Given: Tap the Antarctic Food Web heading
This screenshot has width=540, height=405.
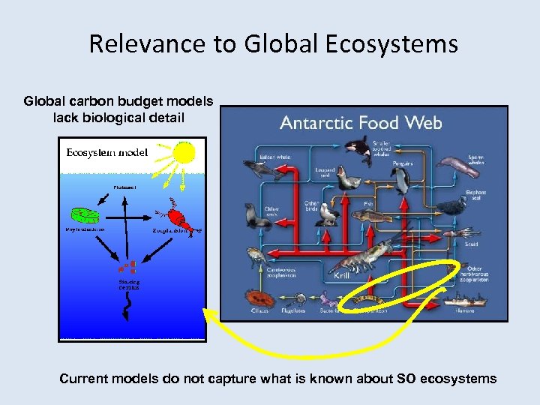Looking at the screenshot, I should [361, 122].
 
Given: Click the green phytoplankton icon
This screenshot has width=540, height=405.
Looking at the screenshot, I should [84, 216].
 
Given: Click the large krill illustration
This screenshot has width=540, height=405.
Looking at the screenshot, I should [362, 256].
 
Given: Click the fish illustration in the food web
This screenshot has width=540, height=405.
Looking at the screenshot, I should [370, 216].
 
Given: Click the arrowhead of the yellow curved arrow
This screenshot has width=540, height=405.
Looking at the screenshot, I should [209, 316].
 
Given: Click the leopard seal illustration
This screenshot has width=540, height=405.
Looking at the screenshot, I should [347, 179].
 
